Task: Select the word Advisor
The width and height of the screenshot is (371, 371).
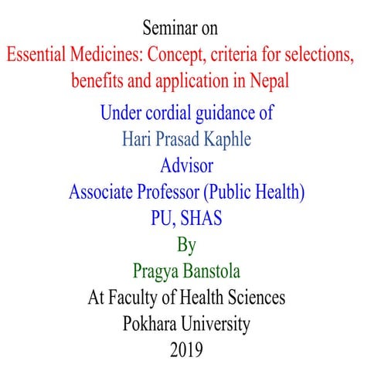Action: (185, 166)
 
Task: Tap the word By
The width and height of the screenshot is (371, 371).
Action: (186, 246)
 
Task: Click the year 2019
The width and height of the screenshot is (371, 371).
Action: (185, 349)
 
